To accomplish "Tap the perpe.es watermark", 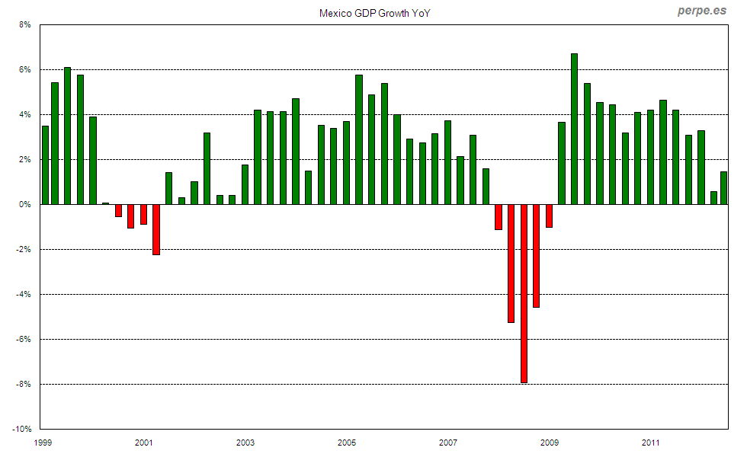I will click(x=702, y=11).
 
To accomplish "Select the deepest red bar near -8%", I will click(x=524, y=293).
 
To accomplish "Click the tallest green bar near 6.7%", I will click(x=574, y=129).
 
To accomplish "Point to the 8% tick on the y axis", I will click(x=24, y=25).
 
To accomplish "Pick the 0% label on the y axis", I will click(x=24, y=205).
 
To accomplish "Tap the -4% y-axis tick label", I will click(x=22, y=295).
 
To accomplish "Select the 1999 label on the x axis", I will click(x=43, y=443).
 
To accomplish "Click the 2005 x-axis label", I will click(x=347, y=443).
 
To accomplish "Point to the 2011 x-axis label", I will click(x=650, y=443).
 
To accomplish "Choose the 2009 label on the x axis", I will click(x=550, y=443).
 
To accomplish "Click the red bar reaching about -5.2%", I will click(x=511, y=264).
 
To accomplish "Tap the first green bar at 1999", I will click(x=45, y=165).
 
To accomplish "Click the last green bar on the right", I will click(x=723, y=188).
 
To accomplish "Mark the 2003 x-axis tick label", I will click(x=245, y=443).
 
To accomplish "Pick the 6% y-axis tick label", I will click(x=24, y=70).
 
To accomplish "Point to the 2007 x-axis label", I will click(x=448, y=443).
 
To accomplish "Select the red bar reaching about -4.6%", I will click(x=536, y=256).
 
